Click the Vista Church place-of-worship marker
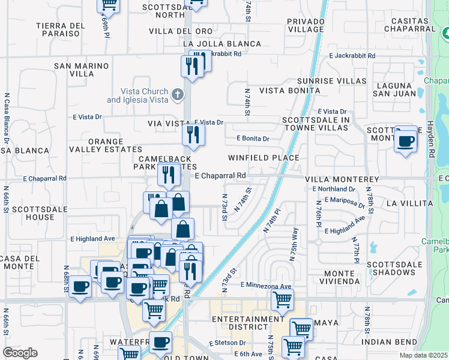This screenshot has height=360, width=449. point(177,94)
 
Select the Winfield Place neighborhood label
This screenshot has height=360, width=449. point(264,158)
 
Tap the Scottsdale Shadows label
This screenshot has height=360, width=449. point(395,269)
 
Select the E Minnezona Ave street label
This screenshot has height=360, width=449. point(266,286)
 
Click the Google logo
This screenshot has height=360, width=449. point(20,352)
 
